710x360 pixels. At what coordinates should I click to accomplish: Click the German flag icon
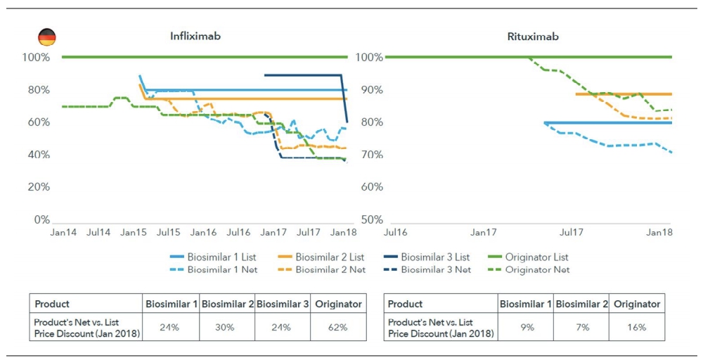coord(47,37)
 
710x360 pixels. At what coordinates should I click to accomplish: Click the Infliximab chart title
coord(195,37)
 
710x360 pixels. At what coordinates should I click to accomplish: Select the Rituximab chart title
coord(533,37)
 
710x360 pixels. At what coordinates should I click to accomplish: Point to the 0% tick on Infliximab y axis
coord(41,219)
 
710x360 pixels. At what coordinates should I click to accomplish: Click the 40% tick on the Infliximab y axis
coord(38,155)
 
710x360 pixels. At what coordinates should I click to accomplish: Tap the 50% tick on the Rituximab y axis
coord(373,219)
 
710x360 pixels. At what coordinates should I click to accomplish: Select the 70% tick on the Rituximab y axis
coord(373,155)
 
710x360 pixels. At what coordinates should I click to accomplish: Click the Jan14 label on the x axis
coord(63,232)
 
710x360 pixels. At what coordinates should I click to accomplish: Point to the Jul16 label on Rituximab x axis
coord(395,232)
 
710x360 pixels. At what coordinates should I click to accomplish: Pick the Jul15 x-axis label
coord(168,232)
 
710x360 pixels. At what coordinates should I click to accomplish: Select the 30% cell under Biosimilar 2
coord(227,327)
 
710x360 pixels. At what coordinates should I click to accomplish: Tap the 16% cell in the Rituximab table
coord(636,327)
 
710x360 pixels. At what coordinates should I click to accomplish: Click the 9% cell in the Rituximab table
coord(526,327)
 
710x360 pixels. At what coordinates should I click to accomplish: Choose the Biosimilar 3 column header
coord(282,304)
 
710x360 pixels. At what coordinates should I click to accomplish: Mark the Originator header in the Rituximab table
coord(636,304)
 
